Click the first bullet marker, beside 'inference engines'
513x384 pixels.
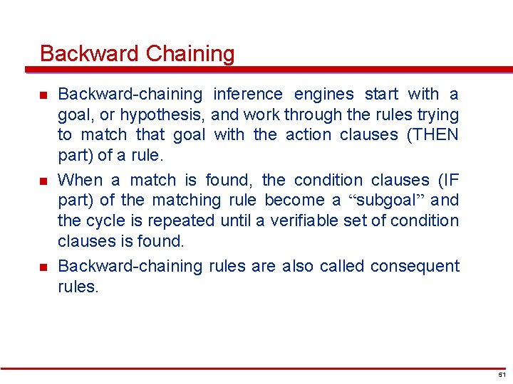[x=43, y=95]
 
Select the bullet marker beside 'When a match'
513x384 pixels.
[x=43, y=181]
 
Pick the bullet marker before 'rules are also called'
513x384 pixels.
[x=43, y=267]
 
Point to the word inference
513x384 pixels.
[x=249, y=94]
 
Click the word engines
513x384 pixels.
[x=323, y=94]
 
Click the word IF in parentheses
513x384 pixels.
[x=447, y=180]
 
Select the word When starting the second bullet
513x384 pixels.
[x=80, y=180]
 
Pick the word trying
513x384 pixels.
[x=436, y=114]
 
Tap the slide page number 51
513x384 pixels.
[x=502, y=374]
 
